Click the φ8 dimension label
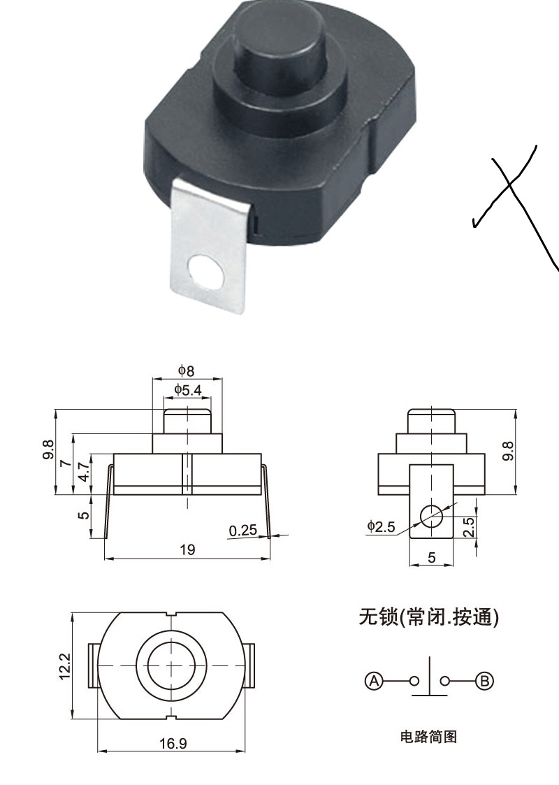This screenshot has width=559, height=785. click(186, 370)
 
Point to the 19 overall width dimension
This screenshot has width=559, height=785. click(187, 549)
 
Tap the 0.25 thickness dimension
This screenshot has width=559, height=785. click(242, 531)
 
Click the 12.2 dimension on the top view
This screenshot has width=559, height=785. click(64, 665)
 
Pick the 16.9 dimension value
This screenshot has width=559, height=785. click(173, 743)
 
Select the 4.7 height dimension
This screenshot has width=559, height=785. click(83, 471)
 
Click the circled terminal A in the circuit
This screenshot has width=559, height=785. click(375, 680)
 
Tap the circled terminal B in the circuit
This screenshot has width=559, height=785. click(484, 680)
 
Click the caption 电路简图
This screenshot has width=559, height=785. click(428, 736)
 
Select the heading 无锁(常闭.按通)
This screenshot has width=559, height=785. click(428, 617)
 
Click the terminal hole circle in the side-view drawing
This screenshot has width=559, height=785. click(431, 515)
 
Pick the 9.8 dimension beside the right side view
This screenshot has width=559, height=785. click(508, 451)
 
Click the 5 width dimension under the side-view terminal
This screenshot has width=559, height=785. click(431, 558)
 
